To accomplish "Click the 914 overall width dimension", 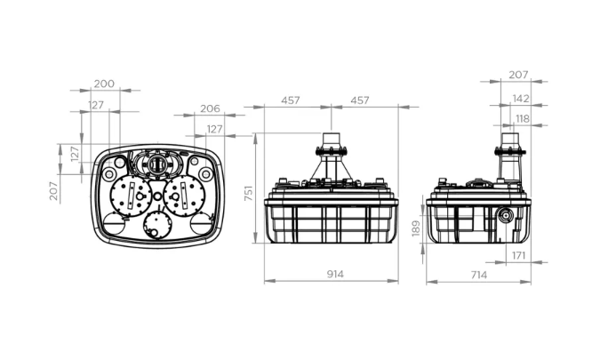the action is click(x=335, y=275).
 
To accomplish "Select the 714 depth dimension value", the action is click(x=479, y=275).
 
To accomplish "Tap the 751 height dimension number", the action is click(x=249, y=193).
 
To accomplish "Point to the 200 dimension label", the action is click(x=104, y=84).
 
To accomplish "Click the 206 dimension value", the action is click(x=211, y=108).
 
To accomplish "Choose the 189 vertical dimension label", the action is click(x=416, y=228).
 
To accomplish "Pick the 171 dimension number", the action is click(x=518, y=256).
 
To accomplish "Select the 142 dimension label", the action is click(x=521, y=99).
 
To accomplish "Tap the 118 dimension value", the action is click(x=523, y=119).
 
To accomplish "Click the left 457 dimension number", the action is click(x=291, y=100).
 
